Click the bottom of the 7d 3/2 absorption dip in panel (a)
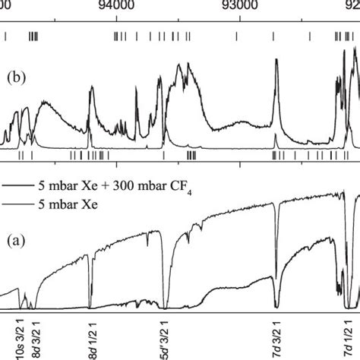(x=276, y=302)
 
